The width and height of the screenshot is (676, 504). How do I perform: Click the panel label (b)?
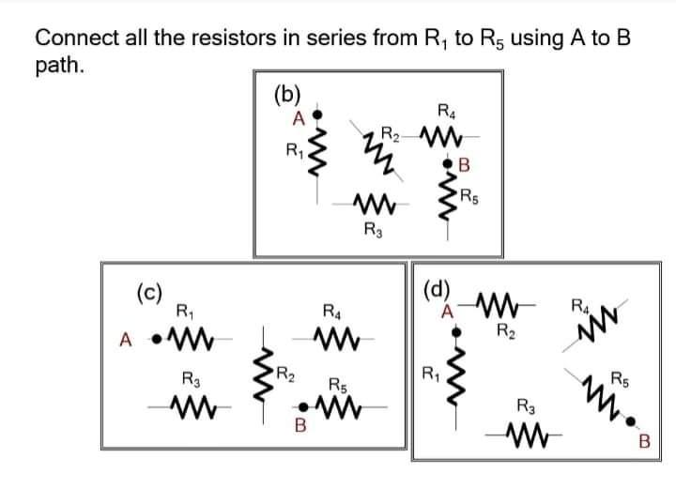click(286, 93)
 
